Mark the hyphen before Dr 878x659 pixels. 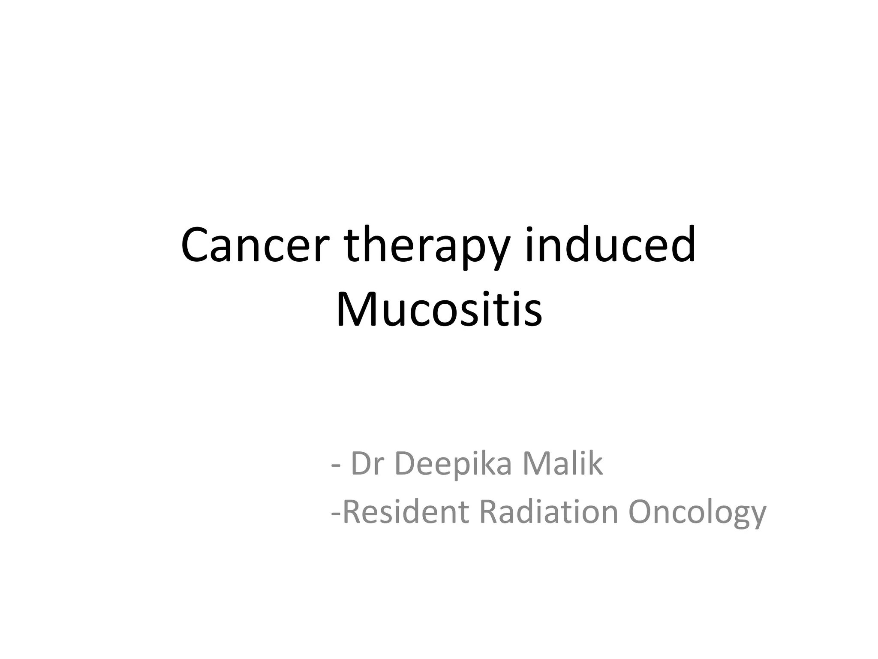336,468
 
